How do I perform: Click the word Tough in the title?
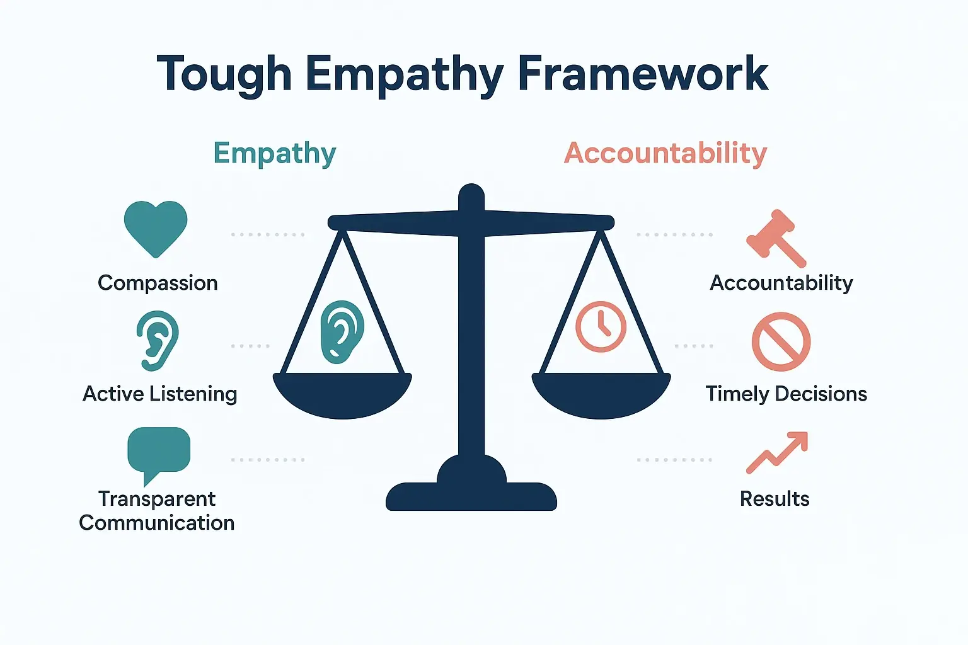coord(224,74)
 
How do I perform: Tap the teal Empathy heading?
coord(275,153)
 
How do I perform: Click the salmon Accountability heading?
coord(665,153)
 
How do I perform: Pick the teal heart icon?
coord(156,227)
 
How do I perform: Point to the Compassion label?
coord(158,283)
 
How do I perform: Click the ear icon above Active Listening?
coord(158,340)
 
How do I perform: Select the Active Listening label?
coord(160,394)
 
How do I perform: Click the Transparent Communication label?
coord(157,511)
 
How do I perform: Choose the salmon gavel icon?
coord(775,238)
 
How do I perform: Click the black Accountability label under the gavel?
coord(781,283)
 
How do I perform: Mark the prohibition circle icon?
coord(781,341)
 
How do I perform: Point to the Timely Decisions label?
coord(786,394)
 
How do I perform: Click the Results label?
coord(775,499)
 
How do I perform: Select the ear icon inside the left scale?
coord(342,331)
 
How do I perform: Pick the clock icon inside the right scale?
coord(601,326)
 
